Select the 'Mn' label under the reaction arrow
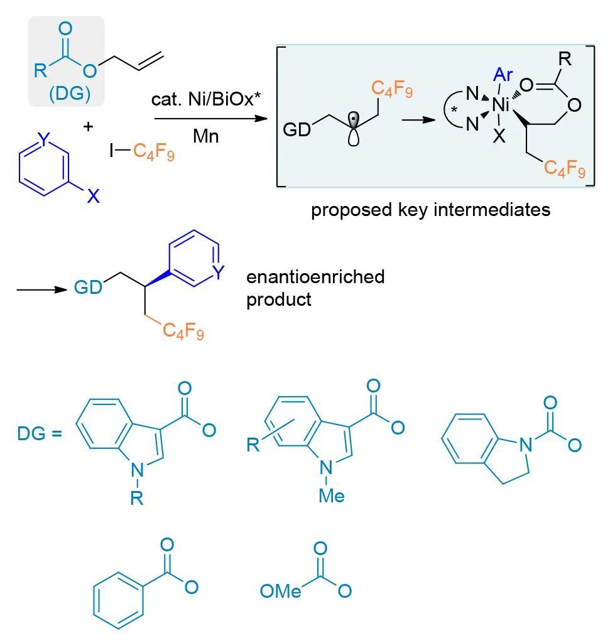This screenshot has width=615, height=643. [x=205, y=136]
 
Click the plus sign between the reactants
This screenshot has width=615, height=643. [x=88, y=126]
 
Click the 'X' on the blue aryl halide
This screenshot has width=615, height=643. [x=93, y=197]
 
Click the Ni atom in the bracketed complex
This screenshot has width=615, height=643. [x=501, y=105]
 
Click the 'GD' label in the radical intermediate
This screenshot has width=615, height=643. [x=297, y=130]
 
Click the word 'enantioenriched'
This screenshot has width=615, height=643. [x=315, y=276]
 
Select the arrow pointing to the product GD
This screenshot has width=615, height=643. [x=41, y=289]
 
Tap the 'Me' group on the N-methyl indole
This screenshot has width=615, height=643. [x=331, y=495]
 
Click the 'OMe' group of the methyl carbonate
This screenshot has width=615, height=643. [x=281, y=591]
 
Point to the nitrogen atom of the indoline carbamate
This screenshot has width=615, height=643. [x=526, y=446]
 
